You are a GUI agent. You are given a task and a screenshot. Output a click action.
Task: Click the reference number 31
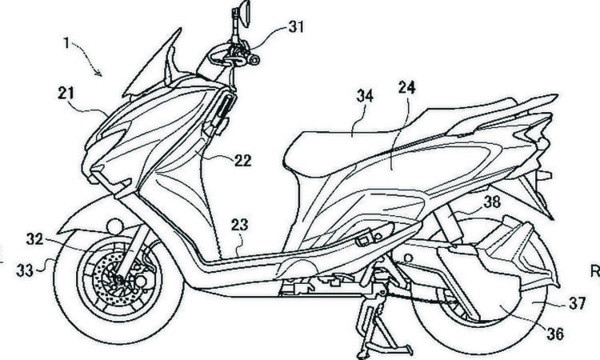pyautogui.click(x=296, y=26)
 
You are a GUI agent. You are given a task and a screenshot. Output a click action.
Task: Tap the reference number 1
pyautogui.click(x=66, y=44)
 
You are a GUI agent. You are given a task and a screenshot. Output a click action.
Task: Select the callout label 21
pyautogui.click(x=66, y=94)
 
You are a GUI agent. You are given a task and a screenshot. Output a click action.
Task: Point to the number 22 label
pyautogui.click(x=242, y=160)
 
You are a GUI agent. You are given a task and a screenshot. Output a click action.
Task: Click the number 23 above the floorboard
pyautogui.click(x=239, y=225)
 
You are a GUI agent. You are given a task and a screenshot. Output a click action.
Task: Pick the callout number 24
pyautogui.click(x=406, y=88)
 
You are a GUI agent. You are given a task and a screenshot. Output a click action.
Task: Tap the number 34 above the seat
pyautogui.click(x=364, y=96)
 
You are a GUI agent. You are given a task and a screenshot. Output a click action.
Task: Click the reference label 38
pyautogui.click(x=492, y=202)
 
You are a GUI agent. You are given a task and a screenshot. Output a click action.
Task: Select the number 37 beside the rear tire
pyautogui.click(x=577, y=304)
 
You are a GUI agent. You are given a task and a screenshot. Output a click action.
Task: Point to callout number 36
pyautogui.click(x=555, y=334)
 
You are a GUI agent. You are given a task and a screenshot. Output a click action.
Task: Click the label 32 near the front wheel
pyautogui.click(x=35, y=239)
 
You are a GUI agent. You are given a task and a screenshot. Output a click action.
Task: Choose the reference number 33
pyautogui.click(x=25, y=271)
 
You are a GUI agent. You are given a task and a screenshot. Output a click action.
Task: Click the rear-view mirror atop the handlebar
pyautogui.click(x=244, y=14)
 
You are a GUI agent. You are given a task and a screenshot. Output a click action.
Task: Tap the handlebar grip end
pyautogui.click(x=254, y=60)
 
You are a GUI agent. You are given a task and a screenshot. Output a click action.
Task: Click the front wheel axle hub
pyautogui.click(x=119, y=280)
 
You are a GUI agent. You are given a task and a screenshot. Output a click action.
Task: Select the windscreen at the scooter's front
pyautogui.click(x=151, y=65)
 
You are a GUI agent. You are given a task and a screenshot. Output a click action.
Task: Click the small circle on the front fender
pyautogui.click(x=114, y=226)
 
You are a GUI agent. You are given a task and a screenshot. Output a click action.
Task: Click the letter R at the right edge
pyautogui.click(x=595, y=271)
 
